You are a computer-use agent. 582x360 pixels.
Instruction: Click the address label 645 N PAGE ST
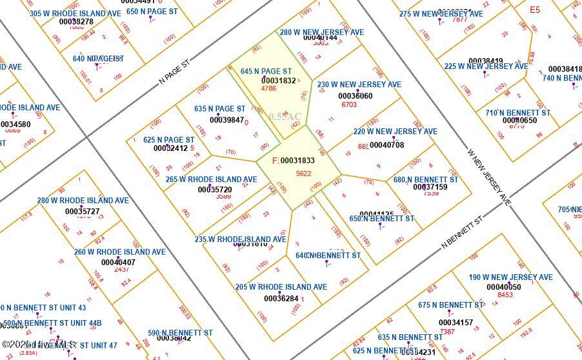pos(266,71)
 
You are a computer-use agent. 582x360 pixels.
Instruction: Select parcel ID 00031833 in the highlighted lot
pos(297,161)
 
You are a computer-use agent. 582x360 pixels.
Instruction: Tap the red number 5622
pos(303,174)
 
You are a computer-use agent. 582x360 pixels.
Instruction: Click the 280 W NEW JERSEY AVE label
pos(321,32)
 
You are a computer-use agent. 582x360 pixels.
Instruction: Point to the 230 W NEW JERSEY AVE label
pos(359,85)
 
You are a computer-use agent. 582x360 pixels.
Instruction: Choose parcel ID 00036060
pos(355,96)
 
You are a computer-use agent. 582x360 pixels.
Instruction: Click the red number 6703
pos(349,105)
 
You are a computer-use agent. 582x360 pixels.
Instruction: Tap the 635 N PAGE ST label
pos(219,109)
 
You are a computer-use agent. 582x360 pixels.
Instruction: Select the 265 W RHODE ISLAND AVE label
pos(211,179)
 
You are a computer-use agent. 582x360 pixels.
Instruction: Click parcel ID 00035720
pos(215,190)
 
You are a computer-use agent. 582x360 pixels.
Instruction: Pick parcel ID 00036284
pos(281,298)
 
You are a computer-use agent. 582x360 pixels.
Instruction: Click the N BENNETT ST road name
pos(463,234)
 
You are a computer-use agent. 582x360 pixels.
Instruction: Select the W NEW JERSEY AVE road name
pos(489,175)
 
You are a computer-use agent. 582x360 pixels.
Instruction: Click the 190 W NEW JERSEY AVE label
pos(510,277)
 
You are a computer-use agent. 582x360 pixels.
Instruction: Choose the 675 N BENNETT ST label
pos(450,305)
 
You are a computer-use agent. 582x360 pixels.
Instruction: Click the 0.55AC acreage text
pos(285,117)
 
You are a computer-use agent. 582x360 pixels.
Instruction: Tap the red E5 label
pos(534,10)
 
